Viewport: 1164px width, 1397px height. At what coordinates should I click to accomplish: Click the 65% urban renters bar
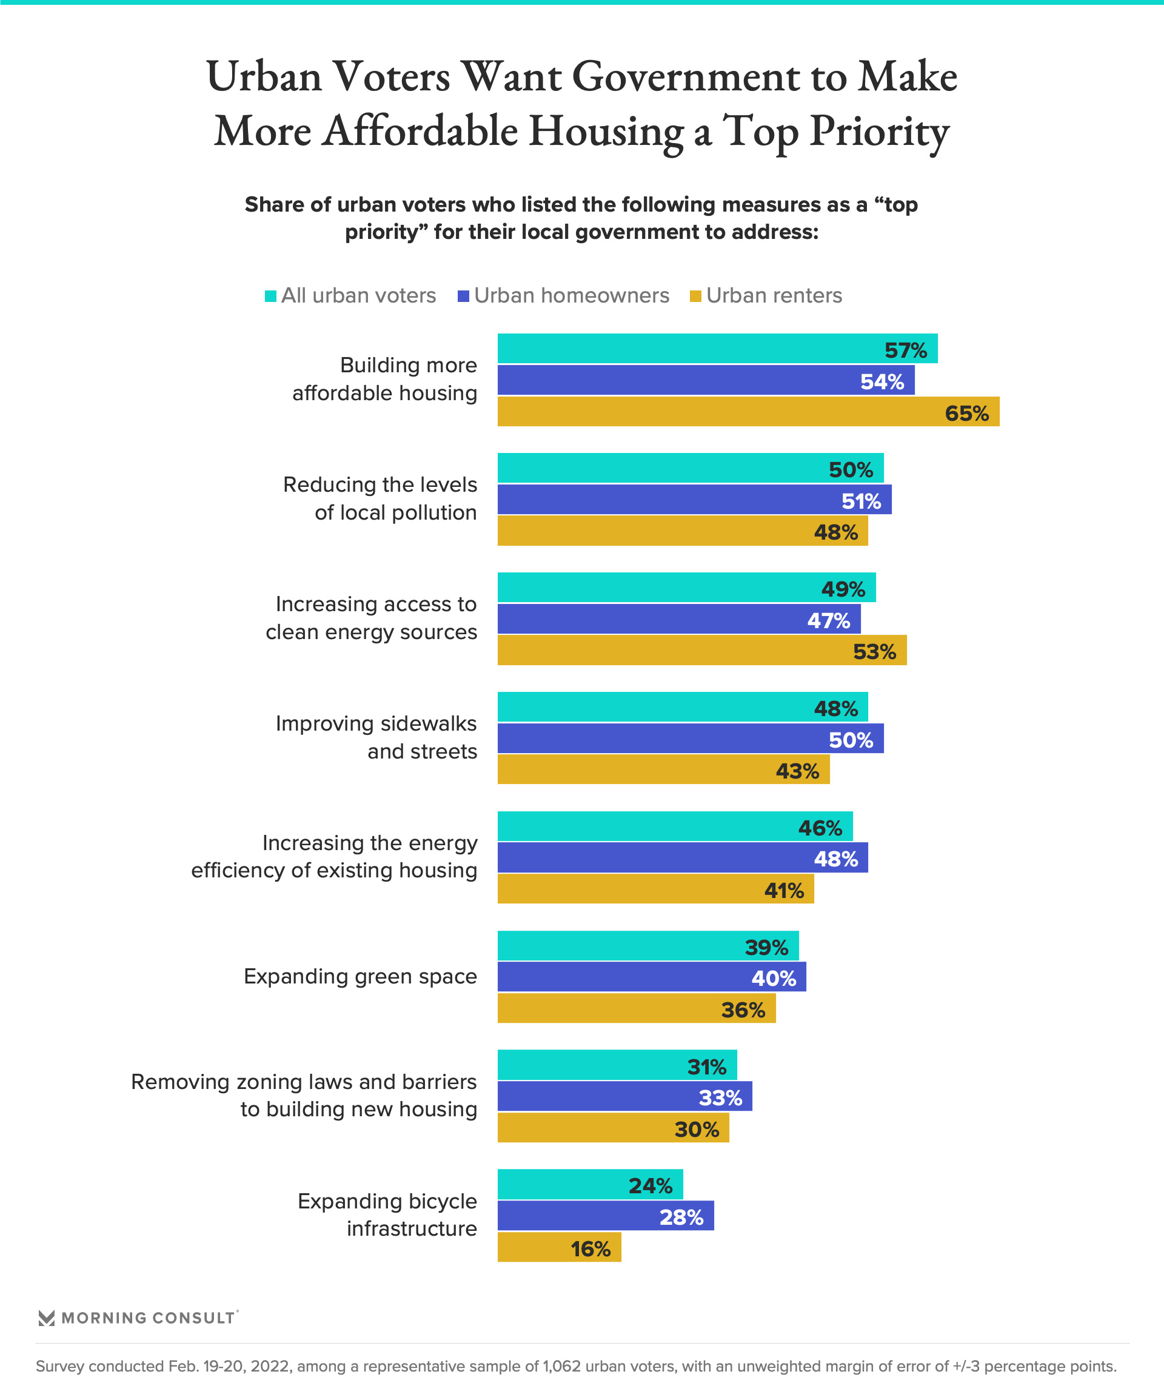coord(748,412)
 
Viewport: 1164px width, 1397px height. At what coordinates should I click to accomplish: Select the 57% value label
coord(905,350)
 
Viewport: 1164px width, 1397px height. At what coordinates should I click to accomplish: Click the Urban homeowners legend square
coord(464,296)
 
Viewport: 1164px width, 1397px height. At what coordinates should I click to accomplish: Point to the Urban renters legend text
coord(774,295)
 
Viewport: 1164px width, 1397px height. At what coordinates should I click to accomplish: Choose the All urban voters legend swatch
coord(271,296)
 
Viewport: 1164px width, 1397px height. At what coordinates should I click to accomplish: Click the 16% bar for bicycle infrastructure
coord(559,1248)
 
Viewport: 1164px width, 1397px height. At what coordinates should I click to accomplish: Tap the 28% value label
coord(681,1217)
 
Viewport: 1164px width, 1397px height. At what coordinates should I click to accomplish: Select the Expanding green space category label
coord(360,977)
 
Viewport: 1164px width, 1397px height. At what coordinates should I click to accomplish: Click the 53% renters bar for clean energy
coord(701,651)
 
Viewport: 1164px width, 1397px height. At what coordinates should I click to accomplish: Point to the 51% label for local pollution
coord(861,501)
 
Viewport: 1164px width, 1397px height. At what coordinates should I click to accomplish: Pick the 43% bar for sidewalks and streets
coord(663,769)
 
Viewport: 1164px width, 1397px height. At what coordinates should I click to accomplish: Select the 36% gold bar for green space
coord(636,1008)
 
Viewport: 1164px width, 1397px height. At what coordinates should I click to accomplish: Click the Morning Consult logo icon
coord(47,1318)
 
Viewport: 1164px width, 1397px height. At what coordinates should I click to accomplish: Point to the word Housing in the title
coord(606,131)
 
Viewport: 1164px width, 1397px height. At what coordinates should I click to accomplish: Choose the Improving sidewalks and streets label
coord(376,737)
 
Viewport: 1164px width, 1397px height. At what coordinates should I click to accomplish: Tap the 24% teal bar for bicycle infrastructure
coord(590,1185)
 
